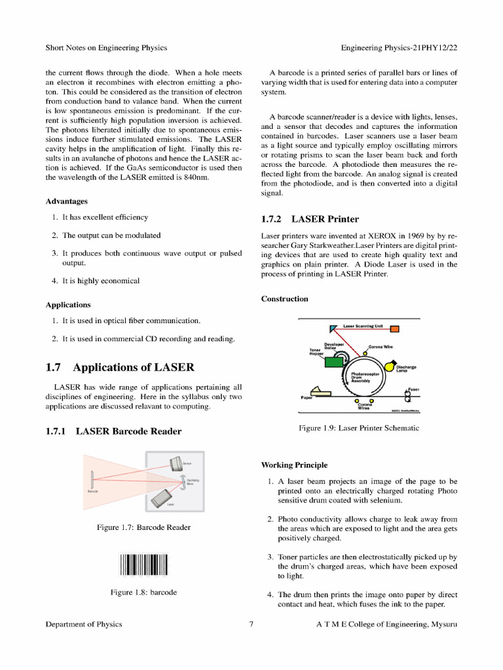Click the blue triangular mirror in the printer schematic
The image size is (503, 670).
click(x=334, y=328)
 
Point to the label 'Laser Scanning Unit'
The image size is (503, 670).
click(x=362, y=325)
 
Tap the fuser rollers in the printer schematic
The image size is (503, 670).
click(x=407, y=396)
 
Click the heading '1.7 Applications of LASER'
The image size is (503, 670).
click(x=120, y=367)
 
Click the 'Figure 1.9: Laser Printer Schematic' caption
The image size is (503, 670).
click(x=359, y=428)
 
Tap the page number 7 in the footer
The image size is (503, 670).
click(x=251, y=624)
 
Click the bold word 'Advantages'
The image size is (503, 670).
click(x=67, y=201)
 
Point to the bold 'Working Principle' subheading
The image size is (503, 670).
click(x=294, y=465)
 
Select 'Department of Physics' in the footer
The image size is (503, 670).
click(x=84, y=624)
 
